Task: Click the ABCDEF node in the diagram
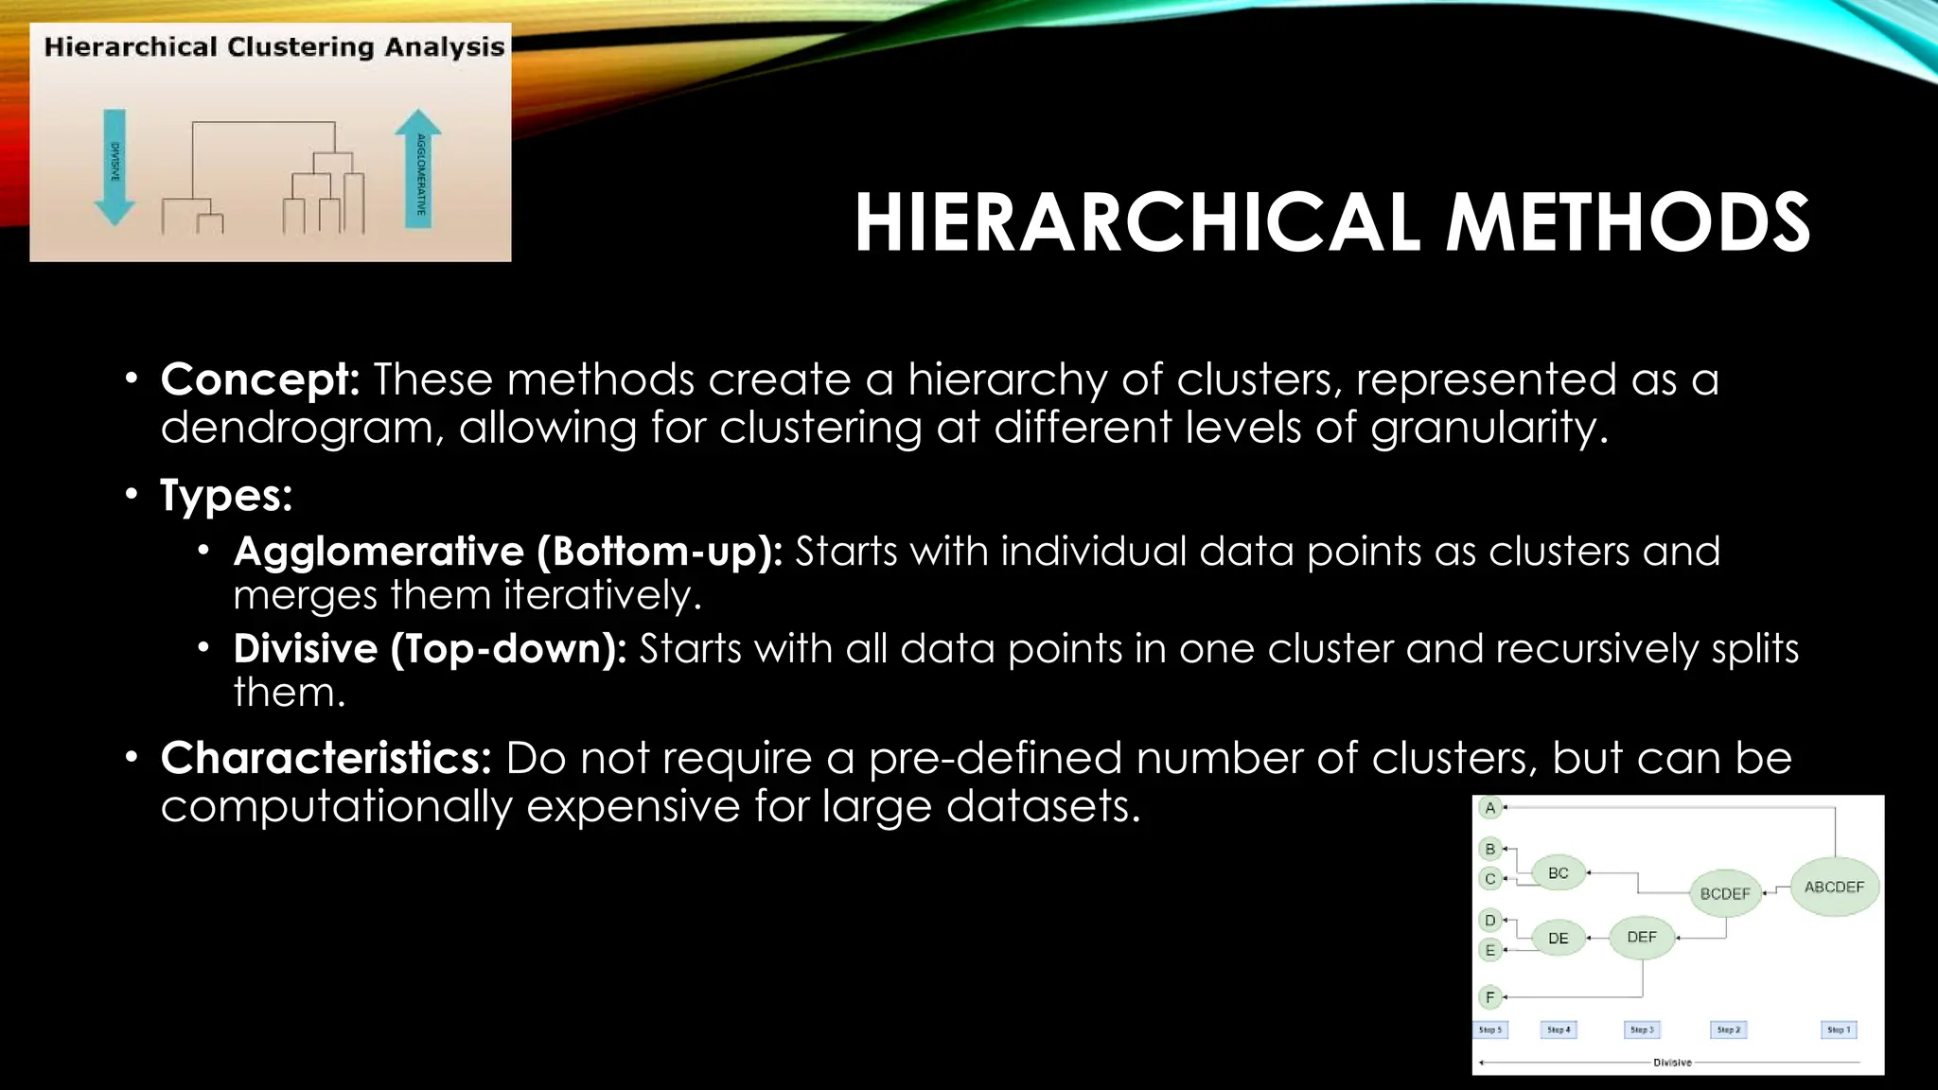pyautogui.click(x=1834, y=887)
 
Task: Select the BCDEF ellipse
pyautogui.click(x=1725, y=893)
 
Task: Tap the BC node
pyautogui.click(x=1558, y=873)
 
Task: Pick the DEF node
pyautogui.click(x=1642, y=937)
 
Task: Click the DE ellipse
pyautogui.click(x=1558, y=939)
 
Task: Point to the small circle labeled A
pyautogui.click(x=1490, y=808)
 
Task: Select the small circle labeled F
pyautogui.click(x=1490, y=996)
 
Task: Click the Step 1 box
pyautogui.click(x=1838, y=1029)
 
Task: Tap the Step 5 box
pyautogui.click(x=1490, y=1029)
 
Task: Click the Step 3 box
pyautogui.click(x=1641, y=1029)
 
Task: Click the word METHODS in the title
pyautogui.click(x=1628, y=223)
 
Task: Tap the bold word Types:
pyautogui.click(x=226, y=495)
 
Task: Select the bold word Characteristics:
pyautogui.click(x=326, y=758)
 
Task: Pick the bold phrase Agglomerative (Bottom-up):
pyautogui.click(x=507, y=552)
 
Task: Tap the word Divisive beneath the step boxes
pyautogui.click(x=1672, y=1063)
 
